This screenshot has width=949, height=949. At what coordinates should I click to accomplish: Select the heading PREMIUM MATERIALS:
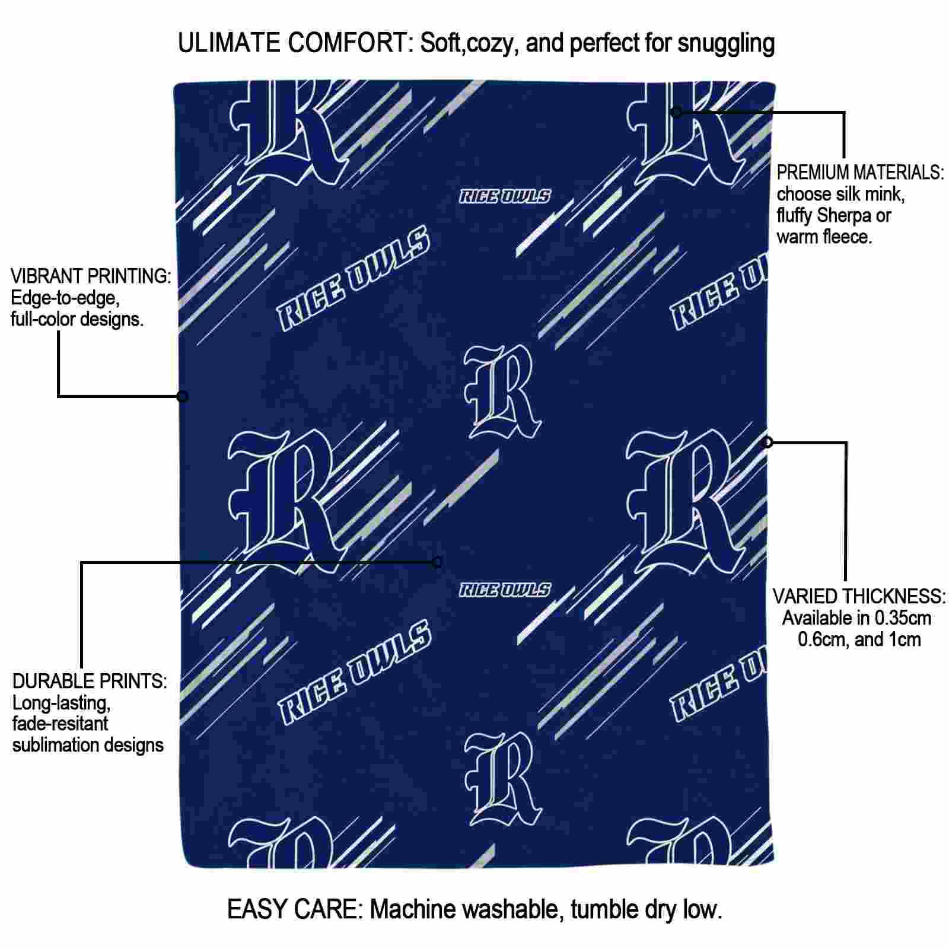[x=861, y=173]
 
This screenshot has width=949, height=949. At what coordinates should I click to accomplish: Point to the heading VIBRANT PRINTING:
[x=91, y=276]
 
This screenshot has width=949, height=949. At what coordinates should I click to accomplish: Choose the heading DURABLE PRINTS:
[x=90, y=681]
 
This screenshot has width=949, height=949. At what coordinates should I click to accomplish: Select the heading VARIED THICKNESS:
[x=859, y=596]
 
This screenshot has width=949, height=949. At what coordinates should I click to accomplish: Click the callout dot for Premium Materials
[x=676, y=112]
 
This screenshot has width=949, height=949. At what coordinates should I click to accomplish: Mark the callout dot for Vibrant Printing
[x=183, y=396]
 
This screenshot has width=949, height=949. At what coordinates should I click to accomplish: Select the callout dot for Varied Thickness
[x=768, y=442]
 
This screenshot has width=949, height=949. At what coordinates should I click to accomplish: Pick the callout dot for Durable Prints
[x=437, y=562]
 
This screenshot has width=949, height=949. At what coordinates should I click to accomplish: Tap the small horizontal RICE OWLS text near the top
[x=505, y=196]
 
